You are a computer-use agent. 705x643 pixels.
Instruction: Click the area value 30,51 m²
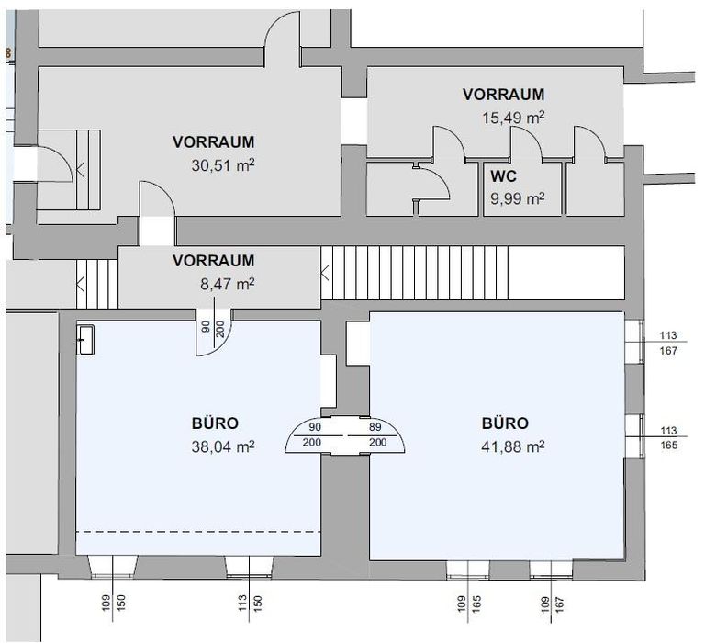point(226,164)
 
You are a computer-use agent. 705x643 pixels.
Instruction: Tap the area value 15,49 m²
point(513,117)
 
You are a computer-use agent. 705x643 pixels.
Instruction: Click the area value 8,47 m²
point(226,284)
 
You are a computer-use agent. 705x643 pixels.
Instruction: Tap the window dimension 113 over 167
point(667,342)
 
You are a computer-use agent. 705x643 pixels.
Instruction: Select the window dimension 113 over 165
point(667,436)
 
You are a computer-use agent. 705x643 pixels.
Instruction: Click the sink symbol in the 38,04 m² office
point(85,338)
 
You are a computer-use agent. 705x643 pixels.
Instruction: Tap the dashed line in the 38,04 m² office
point(197,532)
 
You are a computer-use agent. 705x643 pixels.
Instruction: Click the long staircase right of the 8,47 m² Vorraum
point(413,272)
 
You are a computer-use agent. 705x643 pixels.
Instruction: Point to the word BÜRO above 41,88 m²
point(505,423)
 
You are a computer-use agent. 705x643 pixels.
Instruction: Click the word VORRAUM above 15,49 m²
point(503,94)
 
